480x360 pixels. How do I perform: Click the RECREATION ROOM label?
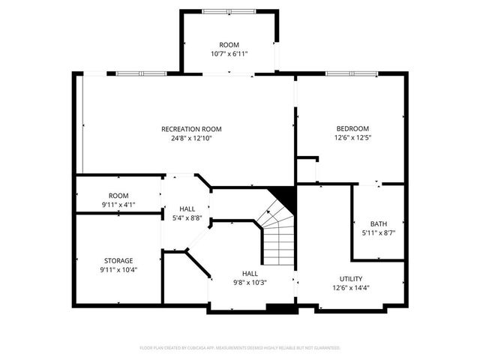click(191, 129)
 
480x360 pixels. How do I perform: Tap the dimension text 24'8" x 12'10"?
click(191, 138)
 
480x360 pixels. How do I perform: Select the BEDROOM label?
click(352, 129)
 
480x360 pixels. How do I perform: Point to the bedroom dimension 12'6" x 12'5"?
click(352, 138)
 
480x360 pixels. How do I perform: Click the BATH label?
click(379, 224)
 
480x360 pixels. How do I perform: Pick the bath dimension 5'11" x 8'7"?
click(379, 233)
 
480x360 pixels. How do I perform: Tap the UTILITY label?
click(351, 278)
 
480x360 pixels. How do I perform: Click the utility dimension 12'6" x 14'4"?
click(351, 287)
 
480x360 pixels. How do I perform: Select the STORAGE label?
click(118, 260)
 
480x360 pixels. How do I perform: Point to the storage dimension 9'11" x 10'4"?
click(118, 269)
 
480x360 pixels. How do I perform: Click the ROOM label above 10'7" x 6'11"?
click(229, 45)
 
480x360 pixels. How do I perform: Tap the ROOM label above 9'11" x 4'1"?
click(118, 195)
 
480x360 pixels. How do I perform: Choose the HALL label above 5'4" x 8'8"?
click(187, 209)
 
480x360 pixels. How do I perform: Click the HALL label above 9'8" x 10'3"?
click(250, 273)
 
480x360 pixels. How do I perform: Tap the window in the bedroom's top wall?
click(351, 73)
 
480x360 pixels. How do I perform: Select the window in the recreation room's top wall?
click(140, 73)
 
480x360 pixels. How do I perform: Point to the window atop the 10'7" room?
click(228, 10)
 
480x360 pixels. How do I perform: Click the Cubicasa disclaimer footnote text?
click(240, 348)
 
